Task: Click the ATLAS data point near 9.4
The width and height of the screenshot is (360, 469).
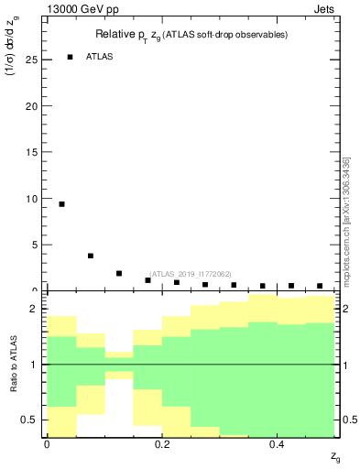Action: [x=61, y=204]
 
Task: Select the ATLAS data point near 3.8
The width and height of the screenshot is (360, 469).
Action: [x=91, y=256]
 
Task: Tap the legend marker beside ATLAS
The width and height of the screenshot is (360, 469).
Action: [x=70, y=57]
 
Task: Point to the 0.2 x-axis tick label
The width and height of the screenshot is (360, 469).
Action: [x=162, y=443]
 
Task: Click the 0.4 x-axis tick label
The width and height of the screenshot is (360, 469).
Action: [x=278, y=443]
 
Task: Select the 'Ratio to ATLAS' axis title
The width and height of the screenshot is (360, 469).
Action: [x=14, y=364]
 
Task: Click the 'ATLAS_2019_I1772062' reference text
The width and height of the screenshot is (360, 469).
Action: [x=190, y=274]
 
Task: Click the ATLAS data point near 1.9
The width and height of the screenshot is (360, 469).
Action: [x=119, y=273]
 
